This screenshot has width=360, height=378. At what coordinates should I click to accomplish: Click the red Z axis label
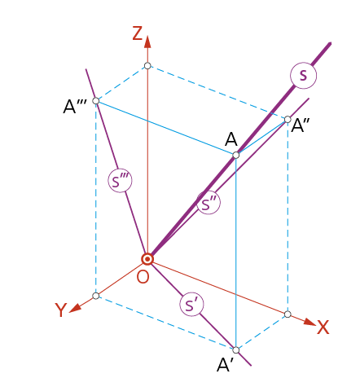(x=138, y=33)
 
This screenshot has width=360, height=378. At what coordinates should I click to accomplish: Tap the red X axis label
(x=323, y=327)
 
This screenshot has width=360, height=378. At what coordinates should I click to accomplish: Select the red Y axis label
(x=60, y=310)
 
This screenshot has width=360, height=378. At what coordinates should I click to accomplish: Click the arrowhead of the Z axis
(x=147, y=42)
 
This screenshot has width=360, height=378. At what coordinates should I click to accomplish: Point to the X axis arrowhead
(x=310, y=322)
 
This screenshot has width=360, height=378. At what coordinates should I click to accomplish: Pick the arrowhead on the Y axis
(x=75, y=308)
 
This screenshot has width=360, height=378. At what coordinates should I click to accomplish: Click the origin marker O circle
(x=147, y=259)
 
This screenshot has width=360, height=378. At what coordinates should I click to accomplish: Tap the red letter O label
(x=143, y=277)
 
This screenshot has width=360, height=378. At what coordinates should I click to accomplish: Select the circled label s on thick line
(x=303, y=75)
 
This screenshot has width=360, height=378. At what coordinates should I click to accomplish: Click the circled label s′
(x=191, y=304)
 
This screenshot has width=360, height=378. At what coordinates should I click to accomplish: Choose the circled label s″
(x=209, y=202)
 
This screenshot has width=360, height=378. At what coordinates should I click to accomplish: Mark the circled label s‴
(x=120, y=181)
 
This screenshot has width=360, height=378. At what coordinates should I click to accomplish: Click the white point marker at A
(x=236, y=155)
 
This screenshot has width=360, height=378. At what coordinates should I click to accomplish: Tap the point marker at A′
(x=236, y=349)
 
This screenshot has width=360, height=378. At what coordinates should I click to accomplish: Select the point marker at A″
(x=288, y=120)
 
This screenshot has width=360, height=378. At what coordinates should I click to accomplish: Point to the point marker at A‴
(x=96, y=101)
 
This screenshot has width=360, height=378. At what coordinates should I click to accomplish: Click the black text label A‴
(x=75, y=107)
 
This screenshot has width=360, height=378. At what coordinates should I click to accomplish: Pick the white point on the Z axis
(x=147, y=66)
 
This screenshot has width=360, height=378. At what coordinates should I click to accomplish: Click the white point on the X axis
(x=288, y=314)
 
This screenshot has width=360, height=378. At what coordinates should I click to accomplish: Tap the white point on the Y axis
(x=96, y=296)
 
